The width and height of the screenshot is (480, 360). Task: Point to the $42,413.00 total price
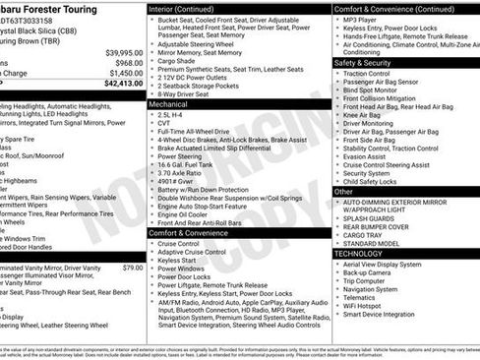coord(122,84)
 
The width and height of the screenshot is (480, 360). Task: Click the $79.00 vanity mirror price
coord(133,268)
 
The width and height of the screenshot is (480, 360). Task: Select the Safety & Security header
coord(364,62)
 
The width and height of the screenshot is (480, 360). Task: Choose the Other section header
coord(344,191)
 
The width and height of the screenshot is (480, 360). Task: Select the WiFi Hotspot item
coord(370,304)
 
